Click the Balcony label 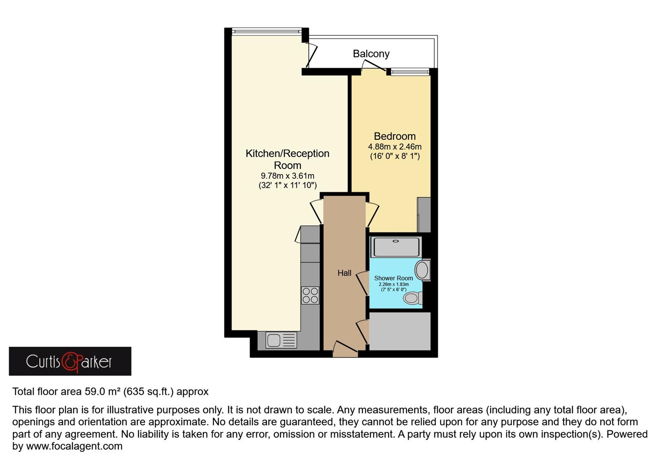pyautogui.click(x=371, y=54)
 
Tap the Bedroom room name pyautogui.click(x=394, y=136)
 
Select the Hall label pyautogui.click(x=344, y=273)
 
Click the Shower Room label pyautogui.click(x=393, y=278)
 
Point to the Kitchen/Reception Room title pyautogui.click(x=287, y=159)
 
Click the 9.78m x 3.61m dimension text pyautogui.click(x=287, y=176)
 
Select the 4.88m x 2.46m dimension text pyautogui.click(x=394, y=147)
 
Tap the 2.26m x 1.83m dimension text pyautogui.click(x=394, y=284)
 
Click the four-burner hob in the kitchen pyautogui.click(x=310, y=295)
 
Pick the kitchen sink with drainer pyautogui.click(x=281, y=340)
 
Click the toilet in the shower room pyautogui.click(x=413, y=298)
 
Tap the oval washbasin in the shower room pyautogui.click(x=422, y=270)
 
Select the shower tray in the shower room pyautogui.click(x=396, y=247)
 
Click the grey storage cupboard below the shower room pyautogui.click(x=400, y=331)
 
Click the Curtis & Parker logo pyautogui.click(x=70, y=361)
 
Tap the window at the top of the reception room pyautogui.click(x=266, y=31)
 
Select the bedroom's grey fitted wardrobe pyautogui.click(x=424, y=215)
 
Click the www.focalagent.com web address pyautogui.click(x=74, y=446)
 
